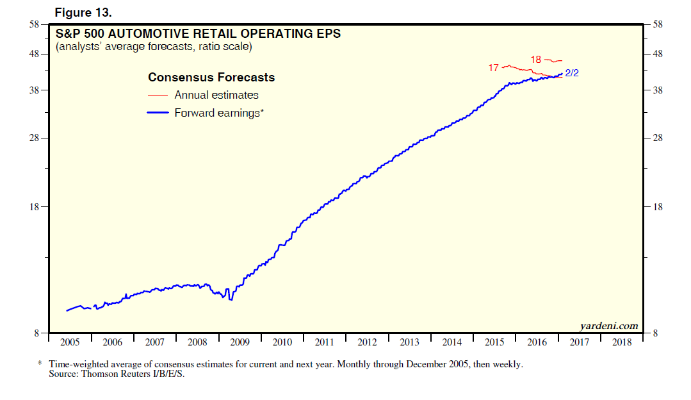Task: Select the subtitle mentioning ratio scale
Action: point(154,47)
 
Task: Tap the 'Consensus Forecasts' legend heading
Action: point(211,78)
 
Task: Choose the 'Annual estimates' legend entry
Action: point(216,95)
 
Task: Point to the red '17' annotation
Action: point(494,67)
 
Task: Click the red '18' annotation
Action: point(536,60)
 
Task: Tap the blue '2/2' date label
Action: point(572,73)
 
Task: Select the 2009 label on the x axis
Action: point(240,342)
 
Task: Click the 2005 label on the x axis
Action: point(70,342)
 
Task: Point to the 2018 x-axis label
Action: point(621,342)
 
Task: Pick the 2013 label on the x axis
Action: point(409,342)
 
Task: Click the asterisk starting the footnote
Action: point(40,363)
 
